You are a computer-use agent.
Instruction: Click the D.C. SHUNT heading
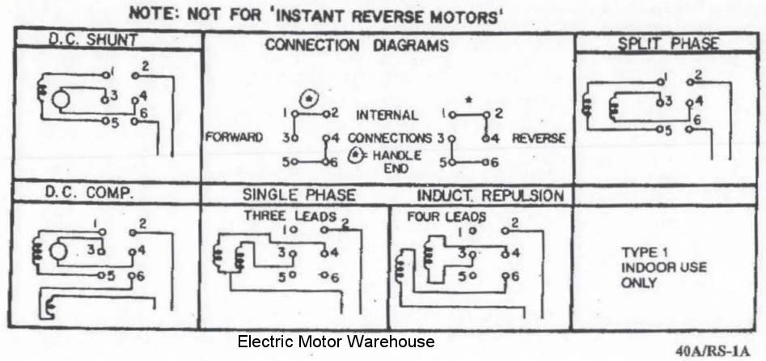(93, 40)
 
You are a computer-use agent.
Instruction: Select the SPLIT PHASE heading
(668, 44)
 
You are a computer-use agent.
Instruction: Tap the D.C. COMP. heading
(89, 193)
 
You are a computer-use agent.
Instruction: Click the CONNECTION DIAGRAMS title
(357, 45)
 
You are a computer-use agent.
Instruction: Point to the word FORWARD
(234, 138)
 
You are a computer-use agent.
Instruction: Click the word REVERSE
(539, 138)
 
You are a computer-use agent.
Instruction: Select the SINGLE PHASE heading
(299, 195)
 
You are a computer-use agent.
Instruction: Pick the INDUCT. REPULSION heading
(490, 196)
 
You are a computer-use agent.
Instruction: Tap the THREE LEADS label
(290, 215)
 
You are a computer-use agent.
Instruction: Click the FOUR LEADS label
(446, 216)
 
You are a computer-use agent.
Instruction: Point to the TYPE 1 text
(640, 253)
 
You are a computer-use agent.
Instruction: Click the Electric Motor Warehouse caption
(336, 341)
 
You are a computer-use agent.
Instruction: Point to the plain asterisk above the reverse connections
(469, 100)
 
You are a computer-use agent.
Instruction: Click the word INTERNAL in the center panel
(387, 116)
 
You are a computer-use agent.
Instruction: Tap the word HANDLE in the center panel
(396, 155)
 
